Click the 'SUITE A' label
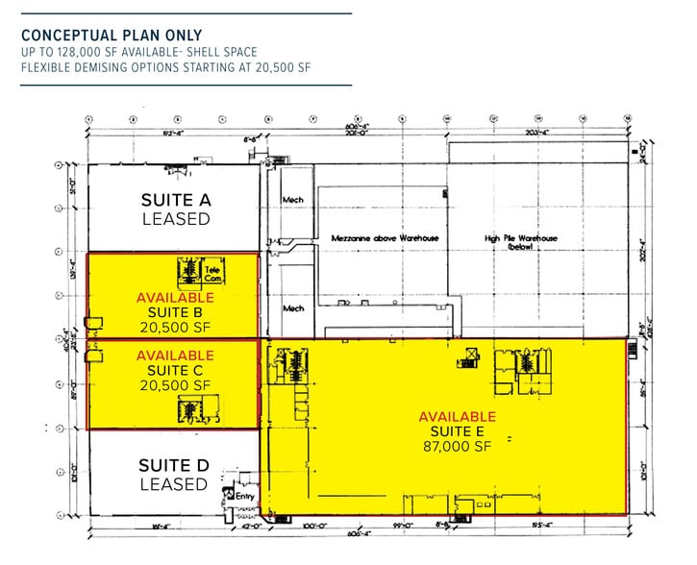[x=175, y=200]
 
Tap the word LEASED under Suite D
[x=173, y=484]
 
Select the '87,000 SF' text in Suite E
[x=457, y=447]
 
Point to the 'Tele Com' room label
[x=213, y=274]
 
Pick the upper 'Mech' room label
[x=292, y=200]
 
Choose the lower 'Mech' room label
[x=292, y=308]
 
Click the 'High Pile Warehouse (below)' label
[x=522, y=241]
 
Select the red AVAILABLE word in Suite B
[x=175, y=297]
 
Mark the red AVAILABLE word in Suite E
[x=457, y=416]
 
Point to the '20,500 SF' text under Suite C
[x=175, y=385]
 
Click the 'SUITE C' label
[x=175, y=370]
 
